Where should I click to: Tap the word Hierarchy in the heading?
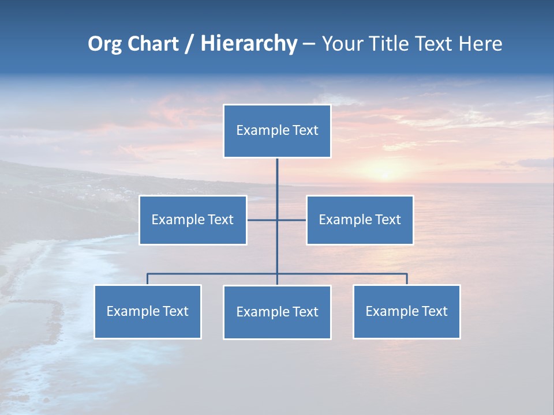tap(249, 44)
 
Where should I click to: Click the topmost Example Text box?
tap(277, 131)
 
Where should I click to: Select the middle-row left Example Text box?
tap(193, 220)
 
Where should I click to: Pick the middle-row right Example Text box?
tap(360, 220)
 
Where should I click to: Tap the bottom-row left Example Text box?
tap(147, 311)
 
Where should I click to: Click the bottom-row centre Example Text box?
tap(277, 312)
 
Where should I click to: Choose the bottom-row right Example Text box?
tap(406, 311)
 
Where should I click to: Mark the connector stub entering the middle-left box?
tap(254, 220)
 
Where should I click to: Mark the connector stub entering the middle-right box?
tap(299, 220)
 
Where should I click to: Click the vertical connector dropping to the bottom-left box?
tap(147, 279)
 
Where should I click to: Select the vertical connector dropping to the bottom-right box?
tap(407, 279)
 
